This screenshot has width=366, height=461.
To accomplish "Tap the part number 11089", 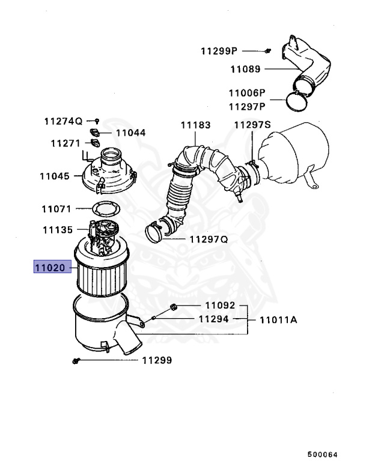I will pos(245,69).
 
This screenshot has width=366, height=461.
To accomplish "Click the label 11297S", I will pos(252,125).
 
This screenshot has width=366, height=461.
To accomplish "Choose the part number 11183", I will pos(195,125).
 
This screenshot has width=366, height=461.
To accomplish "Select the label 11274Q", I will pos(63,121).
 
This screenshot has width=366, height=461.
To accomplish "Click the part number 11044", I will pos(130,133).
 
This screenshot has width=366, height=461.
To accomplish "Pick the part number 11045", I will pos(55,176).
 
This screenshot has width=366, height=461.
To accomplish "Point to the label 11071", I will pos(56,209).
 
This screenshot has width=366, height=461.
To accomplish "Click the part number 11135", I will pos(58,230).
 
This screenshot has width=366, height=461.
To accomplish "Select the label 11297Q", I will pos(209,239).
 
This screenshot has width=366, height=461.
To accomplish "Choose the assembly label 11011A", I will pos(278,320).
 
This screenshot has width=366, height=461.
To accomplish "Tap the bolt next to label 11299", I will pos(76,361).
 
